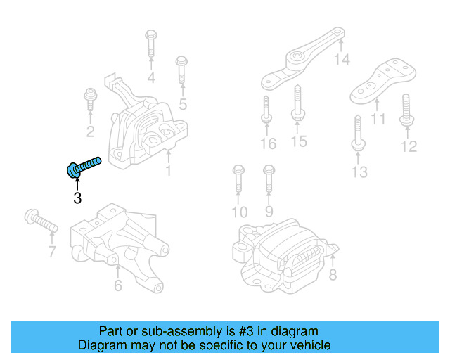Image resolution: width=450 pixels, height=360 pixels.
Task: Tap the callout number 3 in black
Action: click(77, 198)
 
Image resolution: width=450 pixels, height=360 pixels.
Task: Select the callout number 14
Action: click(341, 60)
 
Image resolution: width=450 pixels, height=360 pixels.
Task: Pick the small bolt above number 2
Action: click(90, 98)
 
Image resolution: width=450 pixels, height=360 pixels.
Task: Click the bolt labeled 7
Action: click(40, 221)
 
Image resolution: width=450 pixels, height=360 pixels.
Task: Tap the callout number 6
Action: click(117, 285)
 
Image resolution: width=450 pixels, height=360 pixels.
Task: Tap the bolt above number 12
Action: click(407, 109)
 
